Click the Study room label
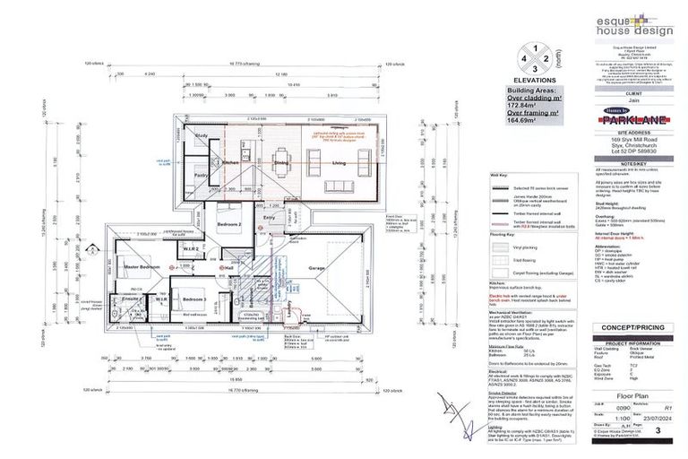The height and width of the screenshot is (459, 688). click(x=202, y=135)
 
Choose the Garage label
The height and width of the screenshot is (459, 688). click(x=317, y=269)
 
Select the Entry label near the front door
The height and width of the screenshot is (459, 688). click(x=269, y=216)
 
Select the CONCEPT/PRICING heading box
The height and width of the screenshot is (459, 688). click(x=632, y=328)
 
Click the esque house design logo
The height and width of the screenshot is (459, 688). click(x=632, y=27)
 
